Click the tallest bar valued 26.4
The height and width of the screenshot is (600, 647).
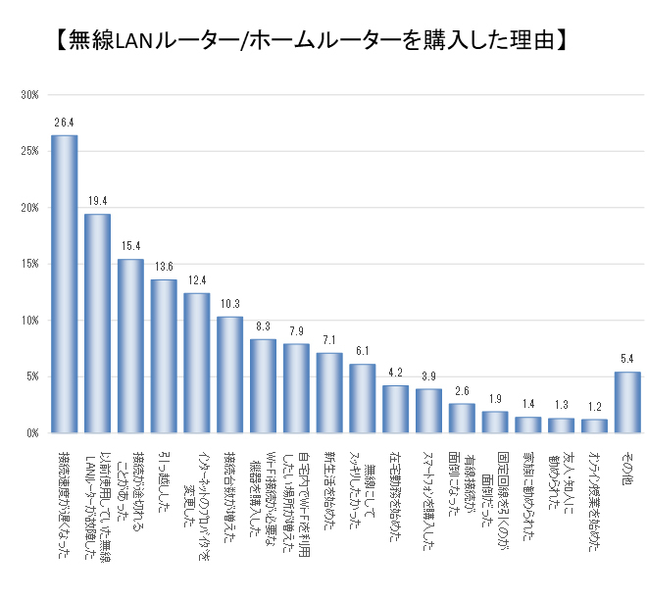coord(65,283)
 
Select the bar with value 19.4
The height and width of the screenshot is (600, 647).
coord(98,323)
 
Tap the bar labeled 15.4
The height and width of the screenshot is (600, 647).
coord(130,345)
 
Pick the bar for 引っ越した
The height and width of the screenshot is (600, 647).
coord(164,356)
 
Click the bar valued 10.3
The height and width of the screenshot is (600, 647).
coord(230,375)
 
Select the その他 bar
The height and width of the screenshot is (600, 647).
coord(627,402)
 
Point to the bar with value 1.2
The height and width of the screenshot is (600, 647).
coord(594,425)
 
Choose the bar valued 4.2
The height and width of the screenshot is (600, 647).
coord(396,409)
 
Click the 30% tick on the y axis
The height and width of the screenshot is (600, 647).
coord(28,95)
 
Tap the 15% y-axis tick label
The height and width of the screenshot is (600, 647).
coord(28,264)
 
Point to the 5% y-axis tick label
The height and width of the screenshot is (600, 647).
coord(30,376)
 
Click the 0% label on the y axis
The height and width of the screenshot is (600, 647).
coord(30,432)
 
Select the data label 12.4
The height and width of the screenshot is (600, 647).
coord(197,282)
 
